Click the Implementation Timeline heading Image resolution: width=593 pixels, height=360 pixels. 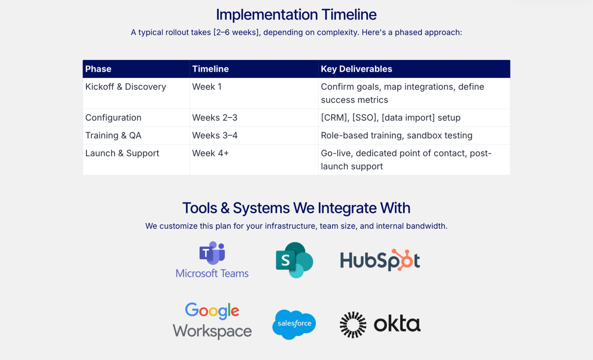click(x=296, y=14)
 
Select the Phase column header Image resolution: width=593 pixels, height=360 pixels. click(x=98, y=69)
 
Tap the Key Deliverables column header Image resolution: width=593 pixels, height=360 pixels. click(x=356, y=69)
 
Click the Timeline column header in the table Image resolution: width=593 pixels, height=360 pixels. click(x=211, y=69)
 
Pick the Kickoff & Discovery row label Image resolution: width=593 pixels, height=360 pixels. click(x=126, y=87)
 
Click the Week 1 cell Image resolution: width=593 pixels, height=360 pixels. click(x=207, y=87)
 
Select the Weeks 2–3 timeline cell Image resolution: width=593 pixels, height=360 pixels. click(x=214, y=118)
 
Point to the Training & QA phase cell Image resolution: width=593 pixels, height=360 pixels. click(x=113, y=135)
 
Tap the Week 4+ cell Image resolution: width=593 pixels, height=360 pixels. click(x=211, y=153)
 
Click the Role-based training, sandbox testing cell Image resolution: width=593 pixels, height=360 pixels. click(x=396, y=135)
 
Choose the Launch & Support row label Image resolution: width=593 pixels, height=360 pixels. click(x=122, y=153)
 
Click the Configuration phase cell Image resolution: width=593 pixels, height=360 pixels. click(x=113, y=118)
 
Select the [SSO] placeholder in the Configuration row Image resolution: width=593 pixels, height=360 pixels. click(x=365, y=118)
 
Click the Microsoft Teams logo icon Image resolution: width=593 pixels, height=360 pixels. click(x=212, y=253)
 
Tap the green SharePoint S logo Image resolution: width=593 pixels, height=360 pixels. click(x=295, y=260)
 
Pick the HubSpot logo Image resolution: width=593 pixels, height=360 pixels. click(x=380, y=260)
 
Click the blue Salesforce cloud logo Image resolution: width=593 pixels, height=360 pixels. click(x=294, y=324)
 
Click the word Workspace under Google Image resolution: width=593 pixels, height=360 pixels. click(x=212, y=332)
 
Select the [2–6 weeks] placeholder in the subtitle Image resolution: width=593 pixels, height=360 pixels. click(x=237, y=33)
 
